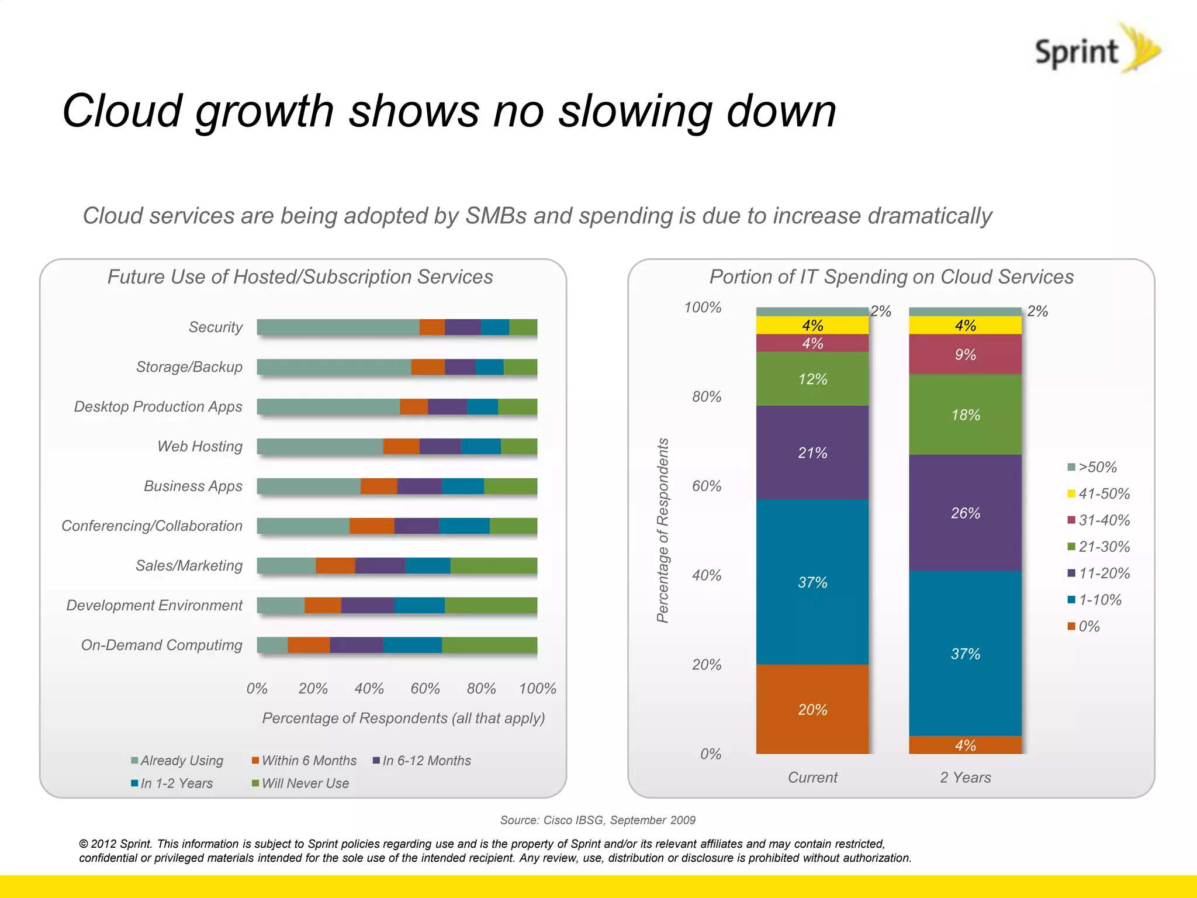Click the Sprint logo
1095,50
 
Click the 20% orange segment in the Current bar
812,709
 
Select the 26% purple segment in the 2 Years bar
965,512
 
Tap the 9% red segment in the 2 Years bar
965,354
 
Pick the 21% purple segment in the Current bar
812,452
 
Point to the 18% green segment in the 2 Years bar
965,414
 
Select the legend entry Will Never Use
305,783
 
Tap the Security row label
215,327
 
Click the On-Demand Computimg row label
161,645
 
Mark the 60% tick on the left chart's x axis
425,688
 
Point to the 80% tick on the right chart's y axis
706,396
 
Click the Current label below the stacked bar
812,777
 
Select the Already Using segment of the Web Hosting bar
320,446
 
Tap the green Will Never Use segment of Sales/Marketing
493,565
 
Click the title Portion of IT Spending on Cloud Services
891,277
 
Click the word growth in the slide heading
264,111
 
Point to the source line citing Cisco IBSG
597,820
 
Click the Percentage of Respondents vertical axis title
662,530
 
